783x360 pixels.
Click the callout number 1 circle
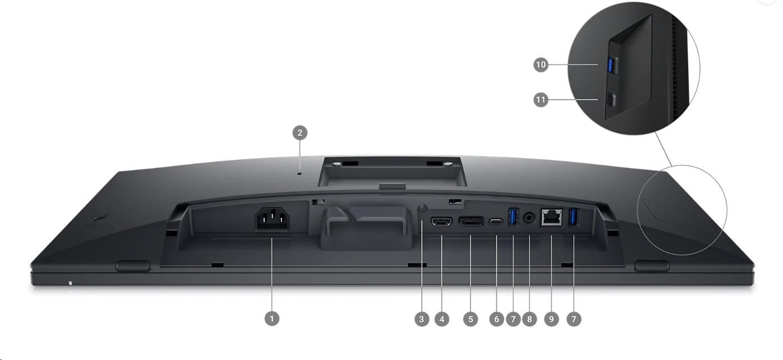click(272, 319)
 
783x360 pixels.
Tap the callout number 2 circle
click(300, 133)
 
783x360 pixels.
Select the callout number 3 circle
click(422, 319)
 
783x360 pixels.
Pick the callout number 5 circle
click(471, 319)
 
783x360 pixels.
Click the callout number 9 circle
click(551, 319)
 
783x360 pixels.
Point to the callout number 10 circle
click(541, 64)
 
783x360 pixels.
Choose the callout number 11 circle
click(541, 100)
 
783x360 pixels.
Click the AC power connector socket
click(273, 219)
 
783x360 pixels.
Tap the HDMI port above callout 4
click(442, 221)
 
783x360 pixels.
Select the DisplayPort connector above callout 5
click(471, 221)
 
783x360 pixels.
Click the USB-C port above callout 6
click(496, 221)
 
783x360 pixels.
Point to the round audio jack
click(529, 218)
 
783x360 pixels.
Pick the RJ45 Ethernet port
click(552, 218)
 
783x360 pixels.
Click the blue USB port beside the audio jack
click(513, 216)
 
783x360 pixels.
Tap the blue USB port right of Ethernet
click(574, 216)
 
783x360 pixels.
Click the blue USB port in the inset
click(612, 66)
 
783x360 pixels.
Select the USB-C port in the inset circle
click(611, 100)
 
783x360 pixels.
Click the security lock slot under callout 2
click(300, 173)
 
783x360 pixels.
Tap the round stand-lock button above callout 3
click(422, 208)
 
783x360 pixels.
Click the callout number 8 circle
click(529, 319)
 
